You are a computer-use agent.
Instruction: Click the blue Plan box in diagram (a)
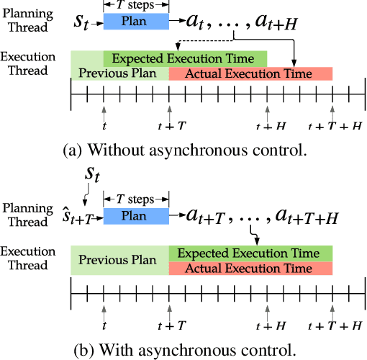[x=136, y=22]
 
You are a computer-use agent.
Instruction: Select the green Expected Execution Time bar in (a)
[x=185, y=58]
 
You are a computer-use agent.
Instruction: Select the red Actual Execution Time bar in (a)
[x=250, y=73]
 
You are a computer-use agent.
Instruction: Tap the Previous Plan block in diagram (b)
[x=119, y=260]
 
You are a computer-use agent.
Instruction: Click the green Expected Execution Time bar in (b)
[x=250, y=253]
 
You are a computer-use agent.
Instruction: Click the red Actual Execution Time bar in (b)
[x=250, y=268]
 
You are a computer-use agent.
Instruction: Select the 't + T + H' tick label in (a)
[x=334, y=126]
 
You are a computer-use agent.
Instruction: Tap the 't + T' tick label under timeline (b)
[x=171, y=326]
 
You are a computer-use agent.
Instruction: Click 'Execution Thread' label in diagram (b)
[x=26, y=258]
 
